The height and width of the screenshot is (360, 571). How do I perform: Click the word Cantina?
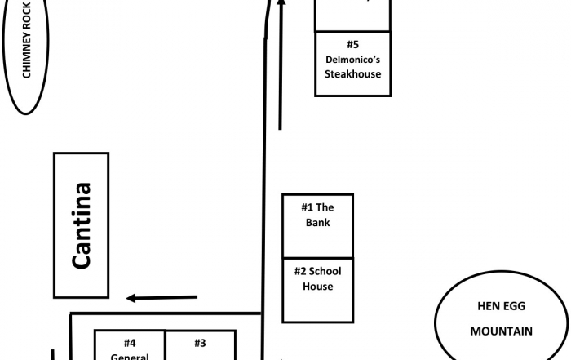click(x=81, y=225)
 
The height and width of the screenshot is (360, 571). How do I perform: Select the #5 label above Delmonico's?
click(x=353, y=44)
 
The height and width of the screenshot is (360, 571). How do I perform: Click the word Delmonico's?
click(x=353, y=59)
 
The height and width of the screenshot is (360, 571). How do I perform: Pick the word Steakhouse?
click(x=353, y=73)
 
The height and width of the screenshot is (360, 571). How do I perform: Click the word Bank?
click(x=318, y=222)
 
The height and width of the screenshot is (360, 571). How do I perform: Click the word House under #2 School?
click(x=318, y=287)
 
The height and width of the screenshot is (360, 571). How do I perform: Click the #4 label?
click(x=131, y=343)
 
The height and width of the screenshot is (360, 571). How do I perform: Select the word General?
click(x=131, y=356)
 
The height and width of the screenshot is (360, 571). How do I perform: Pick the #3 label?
click(x=201, y=343)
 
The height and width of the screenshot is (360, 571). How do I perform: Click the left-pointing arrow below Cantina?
click(x=162, y=298)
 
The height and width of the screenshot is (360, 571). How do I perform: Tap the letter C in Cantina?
click(x=81, y=258)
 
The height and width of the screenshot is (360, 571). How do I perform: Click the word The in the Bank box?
click(x=325, y=207)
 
